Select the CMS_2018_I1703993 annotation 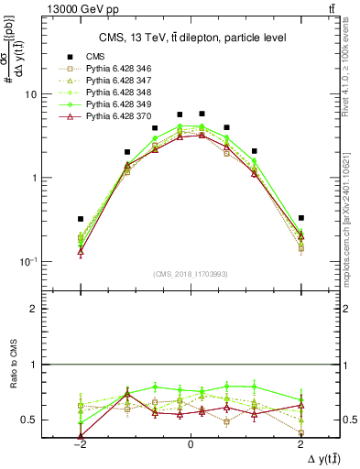(190, 274)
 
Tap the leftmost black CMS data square (81, 219)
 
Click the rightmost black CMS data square (300, 218)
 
